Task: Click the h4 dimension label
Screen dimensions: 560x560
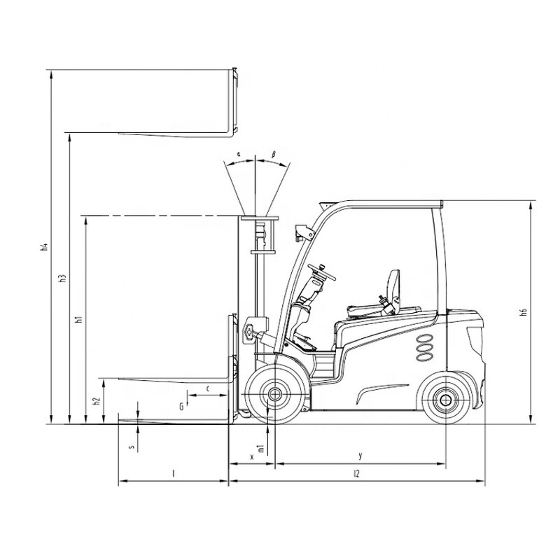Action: pyautogui.click(x=43, y=246)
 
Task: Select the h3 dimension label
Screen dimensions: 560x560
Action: pyautogui.click(x=62, y=277)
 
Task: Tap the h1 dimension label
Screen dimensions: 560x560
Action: pyautogui.click(x=79, y=319)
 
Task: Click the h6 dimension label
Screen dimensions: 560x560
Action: pyautogui.click(x=523, y=313)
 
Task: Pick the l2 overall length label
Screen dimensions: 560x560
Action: pyautogui.click(x=356, y=474)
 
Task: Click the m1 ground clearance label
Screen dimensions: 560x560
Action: pyautogui.click(x=260, y=448)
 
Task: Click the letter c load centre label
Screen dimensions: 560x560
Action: pyautogui.click(x=209, y=387)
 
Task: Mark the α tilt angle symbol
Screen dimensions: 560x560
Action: pyautogui.click(x=239, y=153)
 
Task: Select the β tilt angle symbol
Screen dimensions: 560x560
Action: pyautogui.click(x=273, y=153)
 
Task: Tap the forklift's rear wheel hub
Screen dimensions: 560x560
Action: pyautogui.click(x=444, y=399)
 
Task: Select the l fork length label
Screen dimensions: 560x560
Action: pyautogui.click(x=173, y=474)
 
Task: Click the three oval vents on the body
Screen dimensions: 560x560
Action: pyautogui.click(x=423, y=346)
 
